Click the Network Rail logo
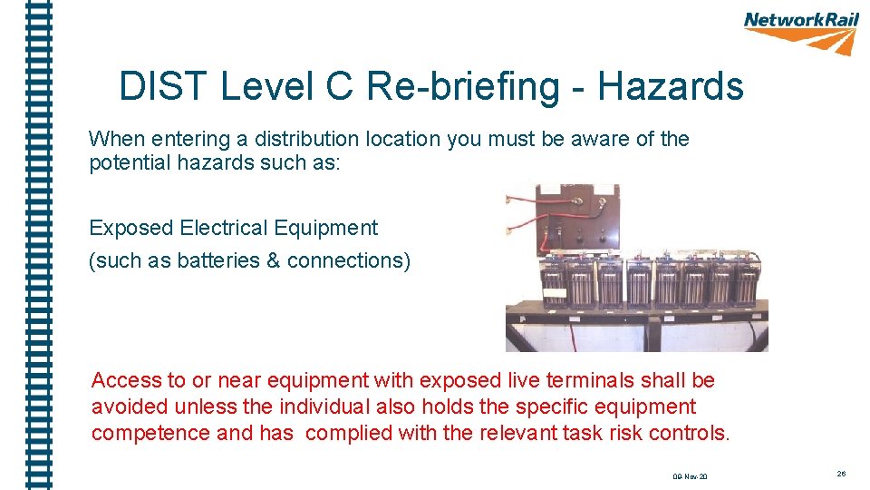coord(801,32)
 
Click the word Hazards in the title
coord(671,87)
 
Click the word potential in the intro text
coord(123,163)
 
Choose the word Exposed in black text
coord(131,228)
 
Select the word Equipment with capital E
coord(331,228)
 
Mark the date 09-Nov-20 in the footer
coord(691,475)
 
